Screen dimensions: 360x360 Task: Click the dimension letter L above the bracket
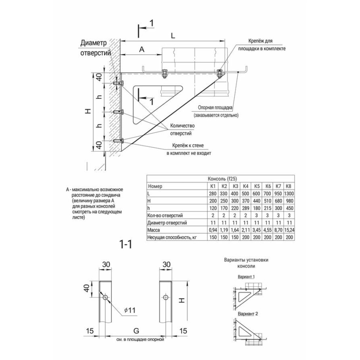click(x=173, y=36)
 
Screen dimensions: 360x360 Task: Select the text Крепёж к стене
click(x=188, y=145)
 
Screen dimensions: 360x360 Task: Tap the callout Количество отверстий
click(x=183, y=129)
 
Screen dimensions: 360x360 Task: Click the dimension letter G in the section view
click(x=136, y=330)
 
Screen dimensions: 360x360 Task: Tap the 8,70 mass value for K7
click(x=278, y=230)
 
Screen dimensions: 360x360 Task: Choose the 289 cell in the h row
click(x=246, y=208)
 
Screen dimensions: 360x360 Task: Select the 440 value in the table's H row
click(x=257, y=201)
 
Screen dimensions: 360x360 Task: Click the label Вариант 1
click(x=247, y=278)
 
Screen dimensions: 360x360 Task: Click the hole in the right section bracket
click(x=166, y=297)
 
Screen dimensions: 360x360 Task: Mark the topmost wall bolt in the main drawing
click(x=118, y=83)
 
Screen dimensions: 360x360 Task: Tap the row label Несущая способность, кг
click(x=172, y=237)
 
